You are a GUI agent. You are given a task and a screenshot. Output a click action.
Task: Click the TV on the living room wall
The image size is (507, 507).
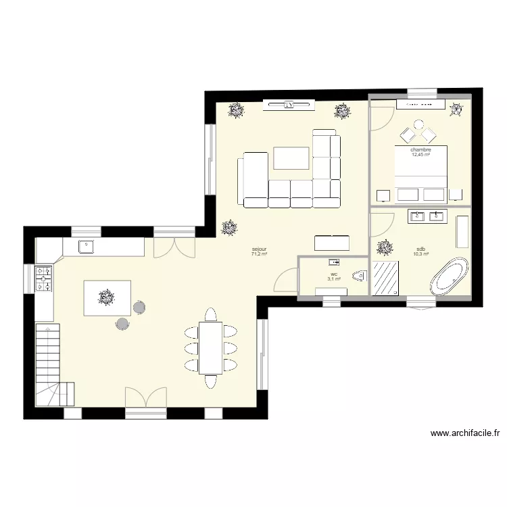(289, 105)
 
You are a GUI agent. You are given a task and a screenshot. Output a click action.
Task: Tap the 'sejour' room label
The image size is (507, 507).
(259, 249)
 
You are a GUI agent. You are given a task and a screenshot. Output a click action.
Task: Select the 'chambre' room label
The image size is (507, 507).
(420, 149)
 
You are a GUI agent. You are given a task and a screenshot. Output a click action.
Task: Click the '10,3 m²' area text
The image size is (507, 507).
(421, 254)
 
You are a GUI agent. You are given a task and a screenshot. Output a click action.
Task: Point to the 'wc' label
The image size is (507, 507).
(334, 274)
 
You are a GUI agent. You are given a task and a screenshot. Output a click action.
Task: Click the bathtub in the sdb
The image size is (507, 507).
(450, 276)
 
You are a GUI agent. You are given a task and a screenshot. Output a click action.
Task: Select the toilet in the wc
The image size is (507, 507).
(360, 275)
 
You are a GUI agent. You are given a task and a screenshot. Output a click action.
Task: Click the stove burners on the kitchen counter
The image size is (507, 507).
(44, 278)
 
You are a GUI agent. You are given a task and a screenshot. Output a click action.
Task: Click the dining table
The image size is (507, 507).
(210, 347)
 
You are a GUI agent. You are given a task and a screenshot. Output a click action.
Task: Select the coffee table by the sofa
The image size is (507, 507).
(291, 158)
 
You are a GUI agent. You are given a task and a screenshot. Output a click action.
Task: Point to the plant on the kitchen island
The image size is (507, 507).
(106, 295)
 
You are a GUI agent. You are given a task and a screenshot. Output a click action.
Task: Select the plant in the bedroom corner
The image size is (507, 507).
(457, 109)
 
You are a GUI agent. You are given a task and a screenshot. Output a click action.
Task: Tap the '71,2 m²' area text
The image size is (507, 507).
(259, 255)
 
